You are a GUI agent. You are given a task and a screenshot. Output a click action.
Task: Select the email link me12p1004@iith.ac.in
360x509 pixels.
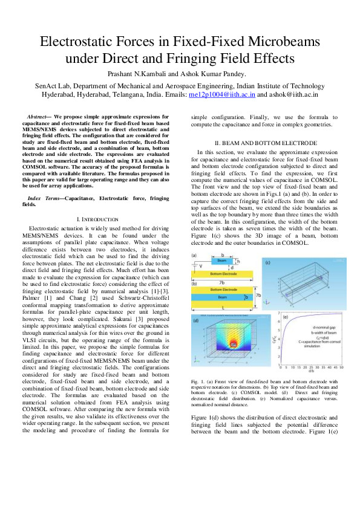coord(223,95)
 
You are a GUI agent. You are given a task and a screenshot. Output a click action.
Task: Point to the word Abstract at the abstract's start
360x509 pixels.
coord(38,115)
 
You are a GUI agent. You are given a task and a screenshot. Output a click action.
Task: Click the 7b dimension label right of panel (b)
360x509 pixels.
coord(258,295)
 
